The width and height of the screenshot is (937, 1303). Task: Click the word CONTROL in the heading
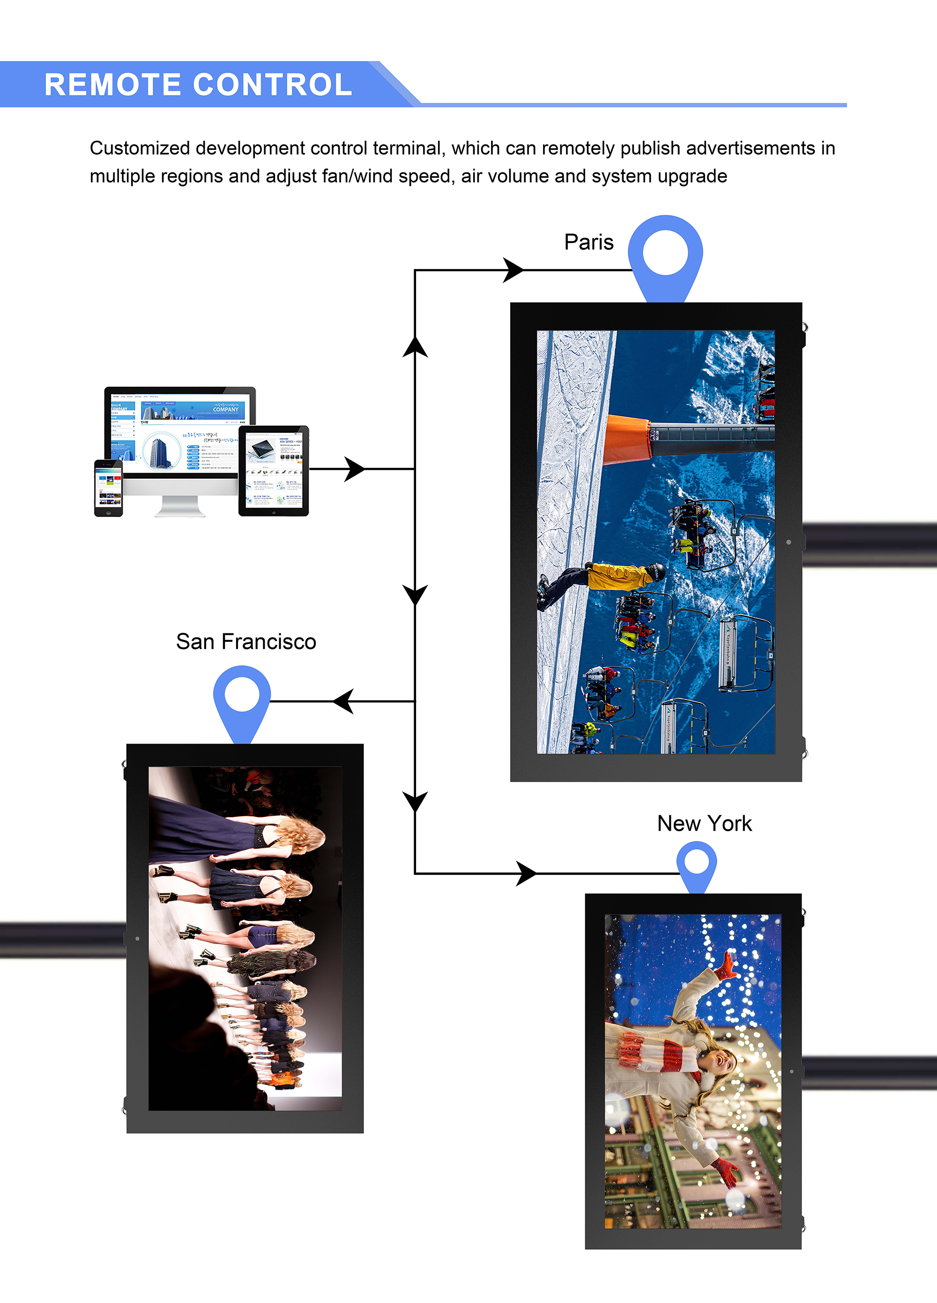(272, 84)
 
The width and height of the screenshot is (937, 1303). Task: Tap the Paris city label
(588, 242)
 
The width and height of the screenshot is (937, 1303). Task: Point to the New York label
(704, 823)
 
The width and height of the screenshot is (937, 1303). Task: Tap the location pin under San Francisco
(242, 698)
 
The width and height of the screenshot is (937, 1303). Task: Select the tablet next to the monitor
(274, 470)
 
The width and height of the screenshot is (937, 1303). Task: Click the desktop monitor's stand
(180, 506)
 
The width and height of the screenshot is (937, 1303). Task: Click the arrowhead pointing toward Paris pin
(513, 270)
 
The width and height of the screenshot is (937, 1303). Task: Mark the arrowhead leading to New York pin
(526, 873)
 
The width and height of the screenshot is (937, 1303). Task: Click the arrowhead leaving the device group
(354, 469)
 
